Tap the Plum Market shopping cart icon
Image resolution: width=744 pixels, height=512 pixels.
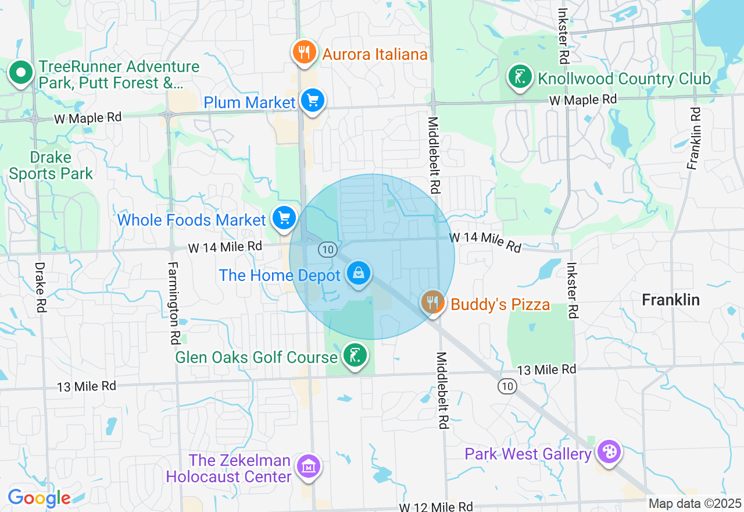(313, 101)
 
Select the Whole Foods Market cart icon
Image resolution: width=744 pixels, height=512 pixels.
(284, 219)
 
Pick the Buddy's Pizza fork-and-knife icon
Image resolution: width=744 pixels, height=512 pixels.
(432, 302)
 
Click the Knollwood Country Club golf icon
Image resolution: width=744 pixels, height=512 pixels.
(520, 77)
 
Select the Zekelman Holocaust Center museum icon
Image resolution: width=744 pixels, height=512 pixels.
(309, 466)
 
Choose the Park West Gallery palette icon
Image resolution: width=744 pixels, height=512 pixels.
(609, 452)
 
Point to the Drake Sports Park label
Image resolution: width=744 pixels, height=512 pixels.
(51, 166)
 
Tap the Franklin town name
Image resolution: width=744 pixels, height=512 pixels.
(670, 300)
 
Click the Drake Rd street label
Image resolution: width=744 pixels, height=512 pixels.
(40, 287)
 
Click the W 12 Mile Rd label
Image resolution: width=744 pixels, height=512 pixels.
(435, 507)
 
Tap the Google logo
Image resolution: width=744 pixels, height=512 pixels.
(39, 498)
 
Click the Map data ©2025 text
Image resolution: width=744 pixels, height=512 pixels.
(695, 504)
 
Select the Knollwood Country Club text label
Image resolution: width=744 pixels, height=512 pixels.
(624, 79)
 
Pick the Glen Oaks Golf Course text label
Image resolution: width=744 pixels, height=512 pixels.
(256, 357)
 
